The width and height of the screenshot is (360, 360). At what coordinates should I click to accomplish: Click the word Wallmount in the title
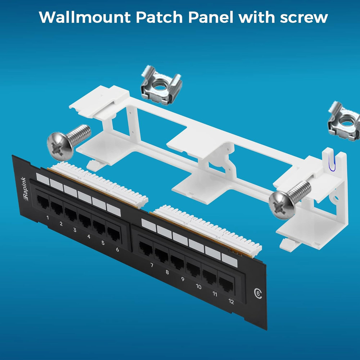click(85, 17)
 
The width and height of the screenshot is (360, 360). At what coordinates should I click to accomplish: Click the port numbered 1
click(42, 203)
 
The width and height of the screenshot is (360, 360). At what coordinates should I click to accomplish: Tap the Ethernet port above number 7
click(145, 249)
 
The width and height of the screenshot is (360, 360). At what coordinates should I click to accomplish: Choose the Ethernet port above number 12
click(226, 284)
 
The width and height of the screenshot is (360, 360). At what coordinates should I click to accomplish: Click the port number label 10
click(198, 287)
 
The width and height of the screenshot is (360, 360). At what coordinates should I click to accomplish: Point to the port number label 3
click(75, 230)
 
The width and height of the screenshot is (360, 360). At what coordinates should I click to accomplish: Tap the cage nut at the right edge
click(345, 120)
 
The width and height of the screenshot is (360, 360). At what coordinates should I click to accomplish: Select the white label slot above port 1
click(43, 179)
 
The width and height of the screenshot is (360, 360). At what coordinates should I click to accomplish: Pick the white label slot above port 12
click(229, 260)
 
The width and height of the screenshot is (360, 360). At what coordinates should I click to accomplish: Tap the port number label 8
click(167, 273)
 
